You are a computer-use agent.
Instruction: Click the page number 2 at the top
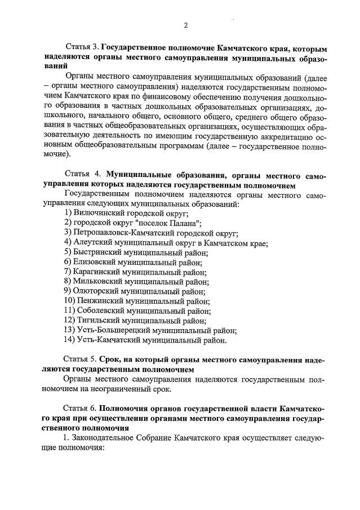pyautogui.click(x=185, y=25)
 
